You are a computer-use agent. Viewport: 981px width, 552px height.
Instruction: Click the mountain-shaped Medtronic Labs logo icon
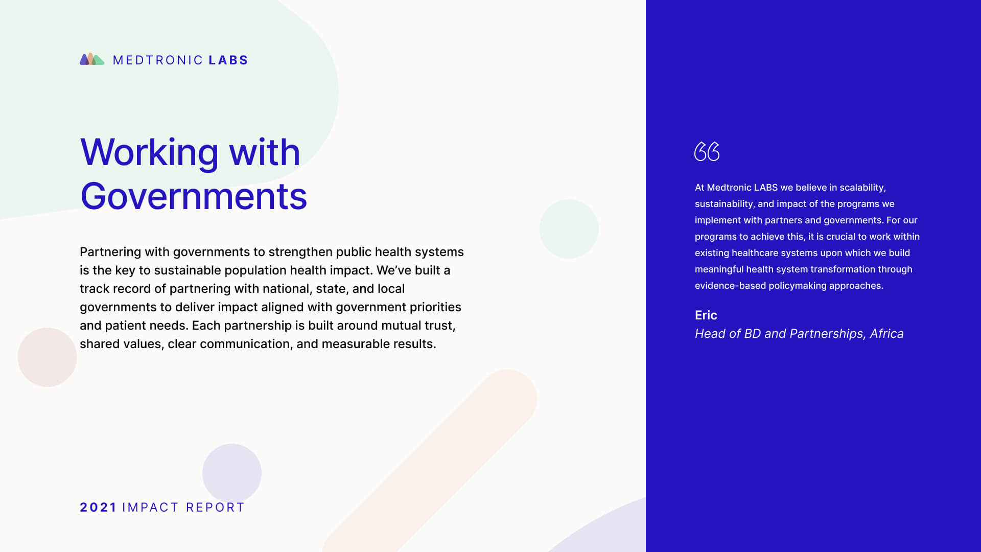[x=92, y=59]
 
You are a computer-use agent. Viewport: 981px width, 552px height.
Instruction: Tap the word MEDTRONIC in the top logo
[x=158, y=60]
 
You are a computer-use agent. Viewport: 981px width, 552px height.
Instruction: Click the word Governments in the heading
[x=194, y=196]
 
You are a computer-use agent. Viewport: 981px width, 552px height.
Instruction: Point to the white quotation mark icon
[x=707, y=151]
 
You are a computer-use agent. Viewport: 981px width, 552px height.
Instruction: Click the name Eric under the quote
[x=706, y=315]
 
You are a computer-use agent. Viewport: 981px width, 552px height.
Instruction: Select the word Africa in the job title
[x=886, y=334]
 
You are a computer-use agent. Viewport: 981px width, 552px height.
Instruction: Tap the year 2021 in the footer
[x=98, y=508]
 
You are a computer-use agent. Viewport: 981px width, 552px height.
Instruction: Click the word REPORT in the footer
[x=215, y=508]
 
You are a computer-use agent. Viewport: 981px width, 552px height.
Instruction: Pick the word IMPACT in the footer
[x=150, y=508]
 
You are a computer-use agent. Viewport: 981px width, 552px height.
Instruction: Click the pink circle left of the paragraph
[x=47, y=357]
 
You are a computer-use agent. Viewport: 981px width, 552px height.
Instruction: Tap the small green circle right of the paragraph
[x=569, y=229]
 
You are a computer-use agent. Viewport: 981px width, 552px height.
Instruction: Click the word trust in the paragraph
[x=440, y=326]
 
